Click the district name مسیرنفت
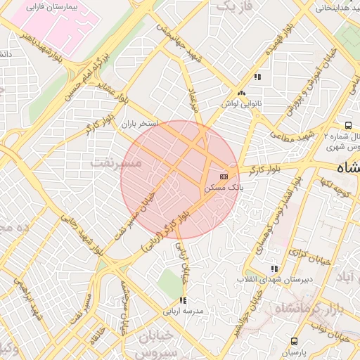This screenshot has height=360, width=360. point(117,163)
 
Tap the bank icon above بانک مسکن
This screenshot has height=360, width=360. point(224,175)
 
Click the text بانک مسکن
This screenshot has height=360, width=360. point(223,188)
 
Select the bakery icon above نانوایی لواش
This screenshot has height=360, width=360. point(241,93)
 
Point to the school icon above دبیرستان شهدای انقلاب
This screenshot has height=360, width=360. point(274,269)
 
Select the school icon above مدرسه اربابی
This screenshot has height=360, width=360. point(183,300)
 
